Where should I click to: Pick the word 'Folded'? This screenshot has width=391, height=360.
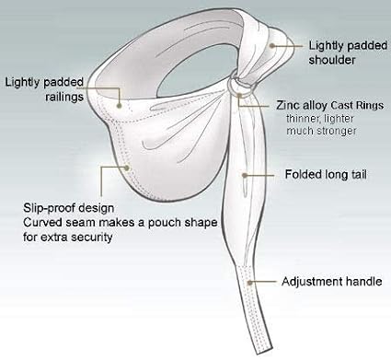(x=301, y=173)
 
